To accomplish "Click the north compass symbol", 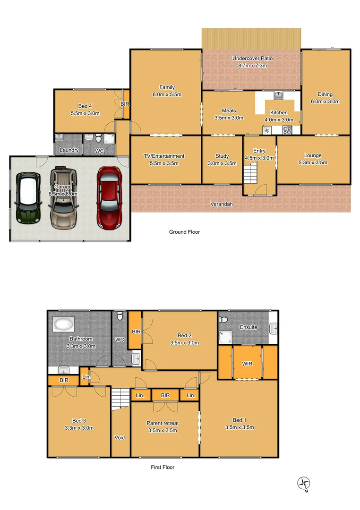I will coord(304,483).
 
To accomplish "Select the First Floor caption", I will coord(163,467).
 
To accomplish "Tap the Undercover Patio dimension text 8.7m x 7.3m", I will coord(252,66).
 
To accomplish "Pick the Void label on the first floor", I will coord(120,438).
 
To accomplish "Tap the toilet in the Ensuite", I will coord(224,320).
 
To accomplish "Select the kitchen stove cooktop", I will coord(287,130).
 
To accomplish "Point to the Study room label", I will coord(222,156).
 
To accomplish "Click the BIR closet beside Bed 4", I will coord(126,104).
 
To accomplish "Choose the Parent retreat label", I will coord(163,424).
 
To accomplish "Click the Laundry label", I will coord(69,151).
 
